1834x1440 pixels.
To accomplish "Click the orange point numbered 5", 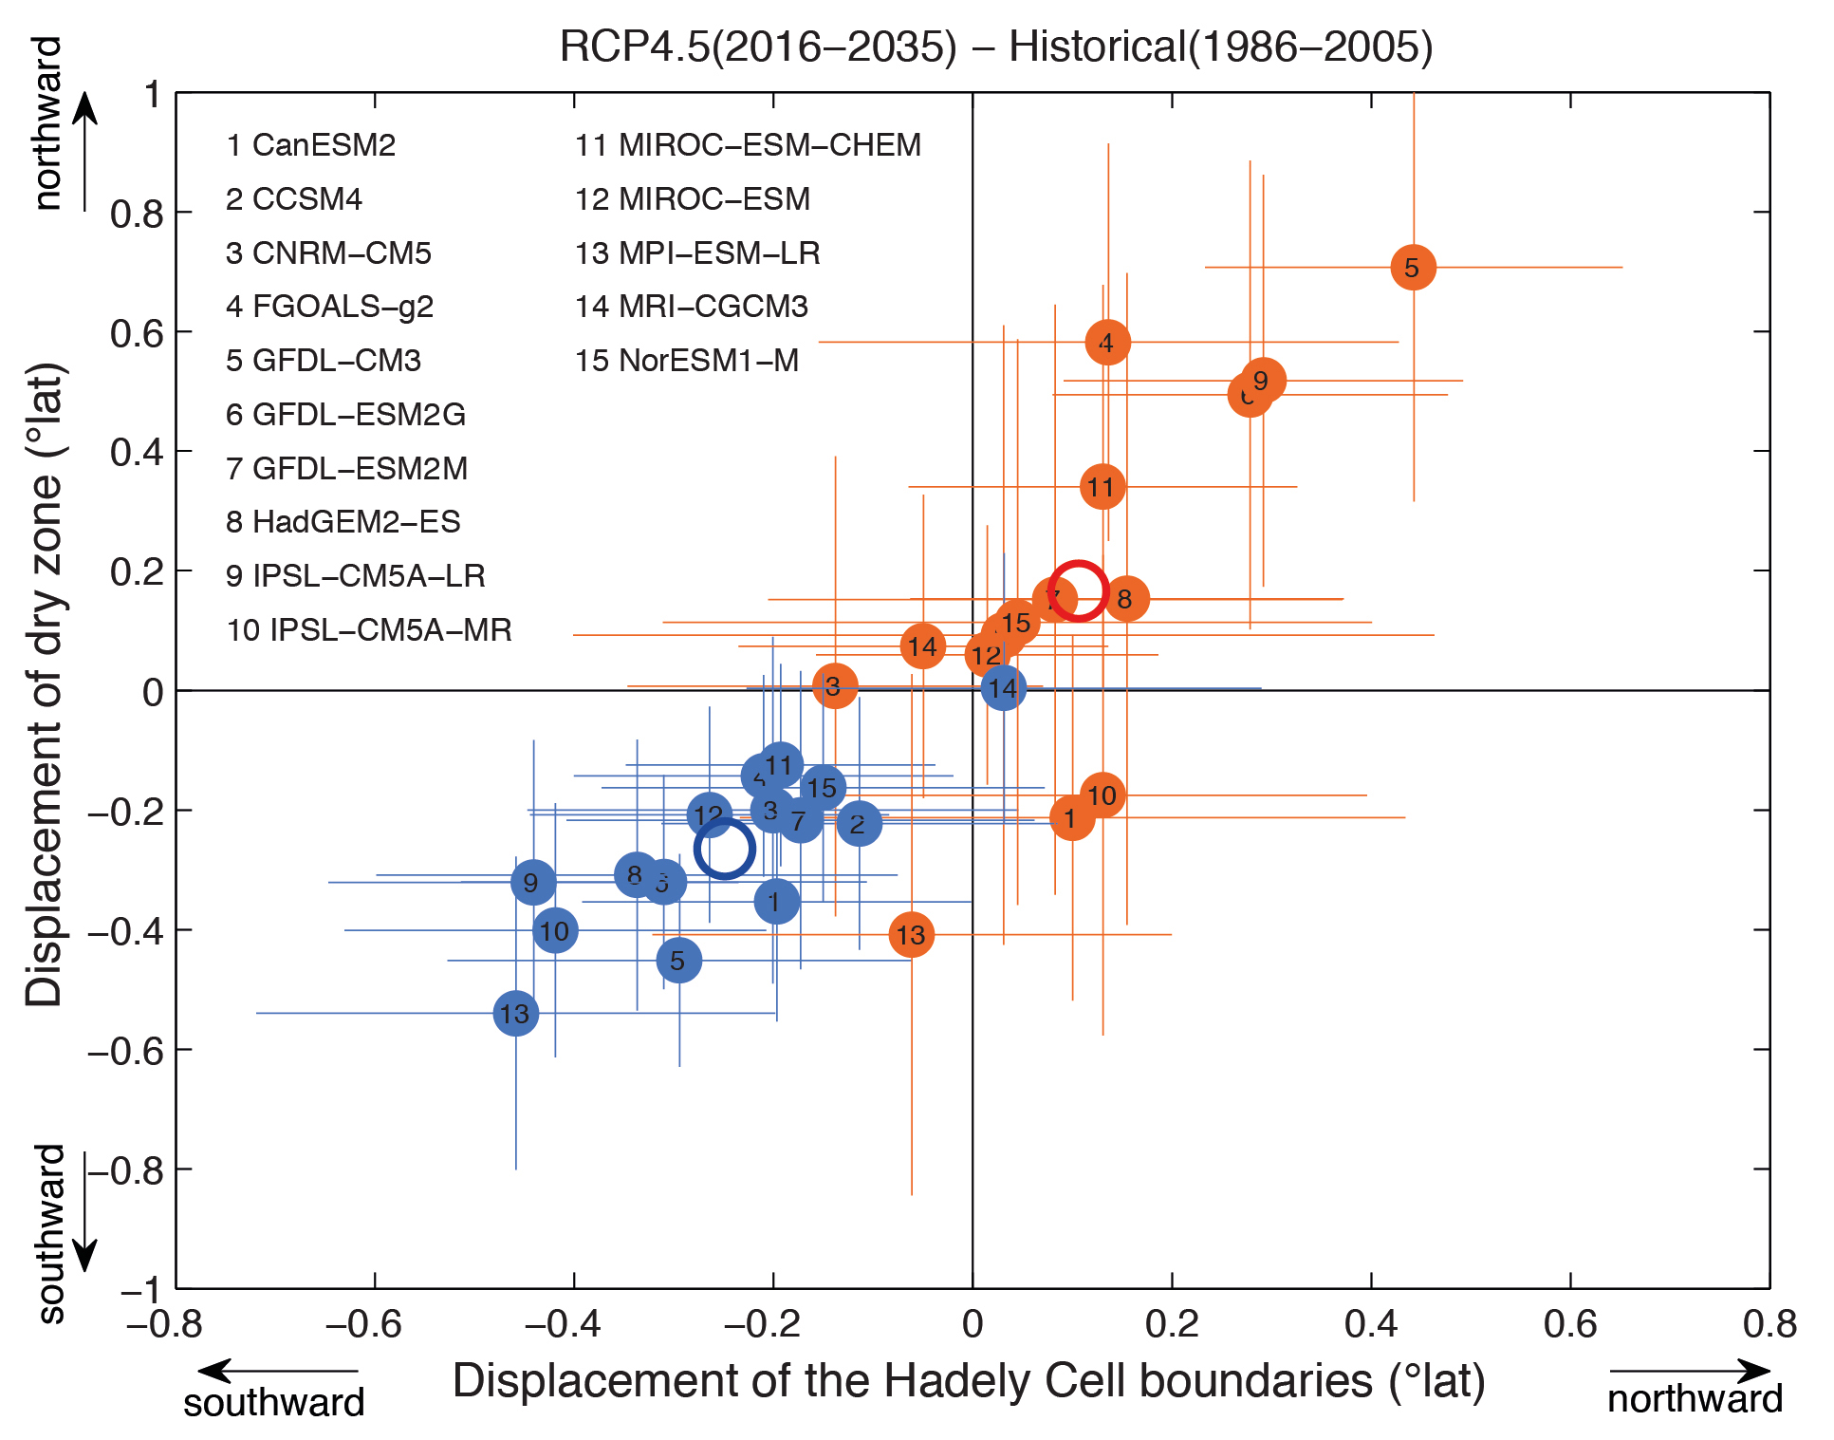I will [x=1413, y=268].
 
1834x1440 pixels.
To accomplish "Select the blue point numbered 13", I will [x=515, y=1013].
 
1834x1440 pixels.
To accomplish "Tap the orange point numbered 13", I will [x=911, y=935].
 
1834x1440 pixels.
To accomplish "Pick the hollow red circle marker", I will [x=1078, y=590].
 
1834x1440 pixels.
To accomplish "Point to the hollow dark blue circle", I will [x=724, y=849].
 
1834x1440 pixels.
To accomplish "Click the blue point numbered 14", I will [x=1003, y=687].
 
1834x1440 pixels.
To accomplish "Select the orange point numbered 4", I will [x=1107, y=342].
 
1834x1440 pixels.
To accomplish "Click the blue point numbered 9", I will [x=532, y=882].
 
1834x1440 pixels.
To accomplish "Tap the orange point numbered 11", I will [x=1102, y=487].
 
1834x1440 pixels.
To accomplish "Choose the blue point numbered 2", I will [x=859, y=823].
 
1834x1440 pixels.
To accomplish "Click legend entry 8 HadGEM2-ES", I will [x=343, y=521].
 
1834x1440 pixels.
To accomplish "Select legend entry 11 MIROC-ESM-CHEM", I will [x=748, y=145].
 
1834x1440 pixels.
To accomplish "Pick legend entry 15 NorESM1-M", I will [x=686, y=361].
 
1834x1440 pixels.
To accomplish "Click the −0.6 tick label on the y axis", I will [x=124, y=1050].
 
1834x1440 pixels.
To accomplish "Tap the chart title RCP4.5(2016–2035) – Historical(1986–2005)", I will [x=995, y=46].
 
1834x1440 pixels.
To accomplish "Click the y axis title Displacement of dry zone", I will [x=45, y=683].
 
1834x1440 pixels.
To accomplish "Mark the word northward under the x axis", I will [x=1695, y=1399].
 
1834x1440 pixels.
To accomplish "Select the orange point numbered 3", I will [x=834, y=685].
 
